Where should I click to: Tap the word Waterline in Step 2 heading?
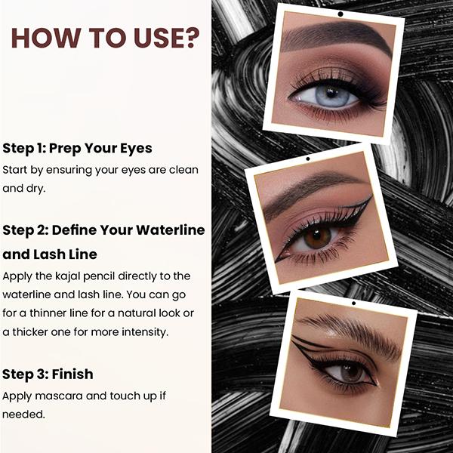pos(164,230)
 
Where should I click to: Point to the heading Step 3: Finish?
pos(48,374)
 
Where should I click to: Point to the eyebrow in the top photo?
pos(336,38)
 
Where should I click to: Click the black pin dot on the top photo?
pos(341,14)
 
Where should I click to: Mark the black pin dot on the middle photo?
pos(307,159)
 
